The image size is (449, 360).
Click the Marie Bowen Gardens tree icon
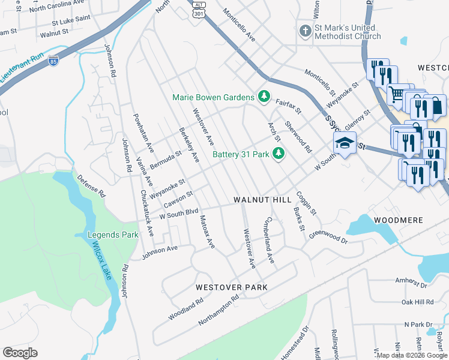263,97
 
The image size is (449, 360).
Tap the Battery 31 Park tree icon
278,154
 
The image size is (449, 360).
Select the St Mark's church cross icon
305,31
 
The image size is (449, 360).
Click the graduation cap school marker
345,143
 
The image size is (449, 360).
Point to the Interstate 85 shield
53,61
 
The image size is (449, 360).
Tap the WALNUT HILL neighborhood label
262,199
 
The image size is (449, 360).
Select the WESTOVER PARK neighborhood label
231,287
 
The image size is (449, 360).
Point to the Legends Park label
112,234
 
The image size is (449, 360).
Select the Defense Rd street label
91,187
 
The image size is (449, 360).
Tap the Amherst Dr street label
409,280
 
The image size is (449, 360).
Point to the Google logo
20,352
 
